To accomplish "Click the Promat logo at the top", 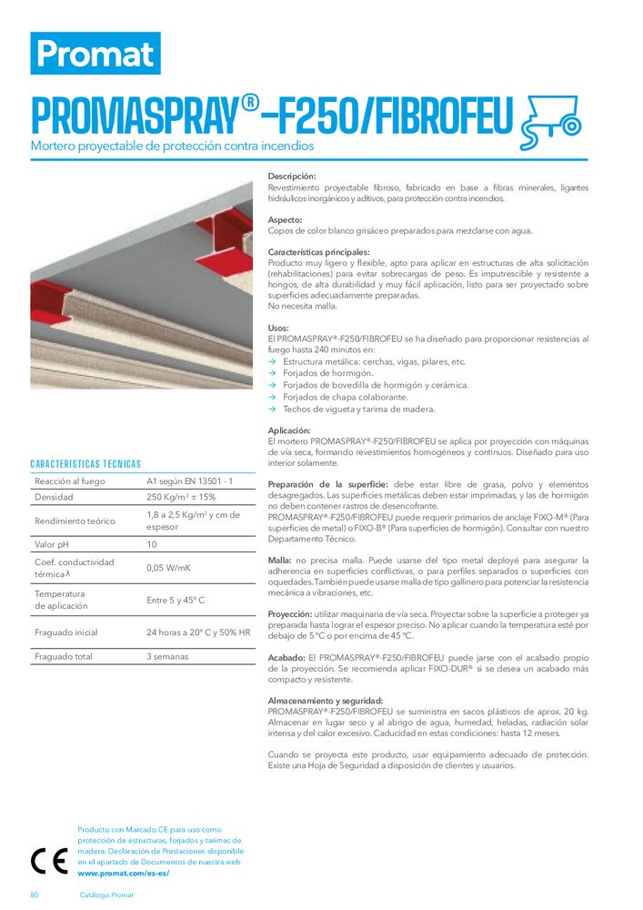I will (x=95, y=53).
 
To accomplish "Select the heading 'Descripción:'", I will (x=292, y=176).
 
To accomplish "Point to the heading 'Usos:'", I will (x=278, y=328).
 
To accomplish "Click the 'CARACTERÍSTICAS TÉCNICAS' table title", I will (x=85, y=463).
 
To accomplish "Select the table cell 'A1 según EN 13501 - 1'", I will (x=190, y=480).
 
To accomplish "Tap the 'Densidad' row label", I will (x=54, y=498).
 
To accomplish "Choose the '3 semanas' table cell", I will (x=167, y=656).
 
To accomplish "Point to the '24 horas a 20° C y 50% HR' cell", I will (x=198, y=632).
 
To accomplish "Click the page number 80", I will (x=35, y=895).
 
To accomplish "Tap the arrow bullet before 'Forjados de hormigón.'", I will (x=272, y=373).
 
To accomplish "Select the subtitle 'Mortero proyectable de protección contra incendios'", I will (x=173, y=146).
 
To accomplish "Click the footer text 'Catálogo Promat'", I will (x=106, y=895).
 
